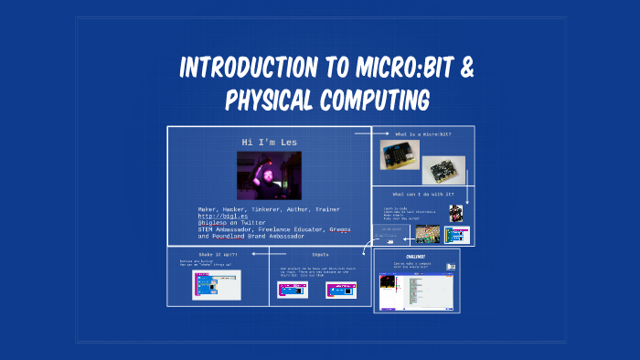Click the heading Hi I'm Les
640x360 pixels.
tap(269, 143)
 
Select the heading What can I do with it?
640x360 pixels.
tap(421, 194)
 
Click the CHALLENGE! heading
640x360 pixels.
tap(417, 257)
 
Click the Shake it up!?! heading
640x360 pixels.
tap(218, 254)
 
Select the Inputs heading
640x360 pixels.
tap(320, 255)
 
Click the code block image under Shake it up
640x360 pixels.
tap(217, 284)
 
